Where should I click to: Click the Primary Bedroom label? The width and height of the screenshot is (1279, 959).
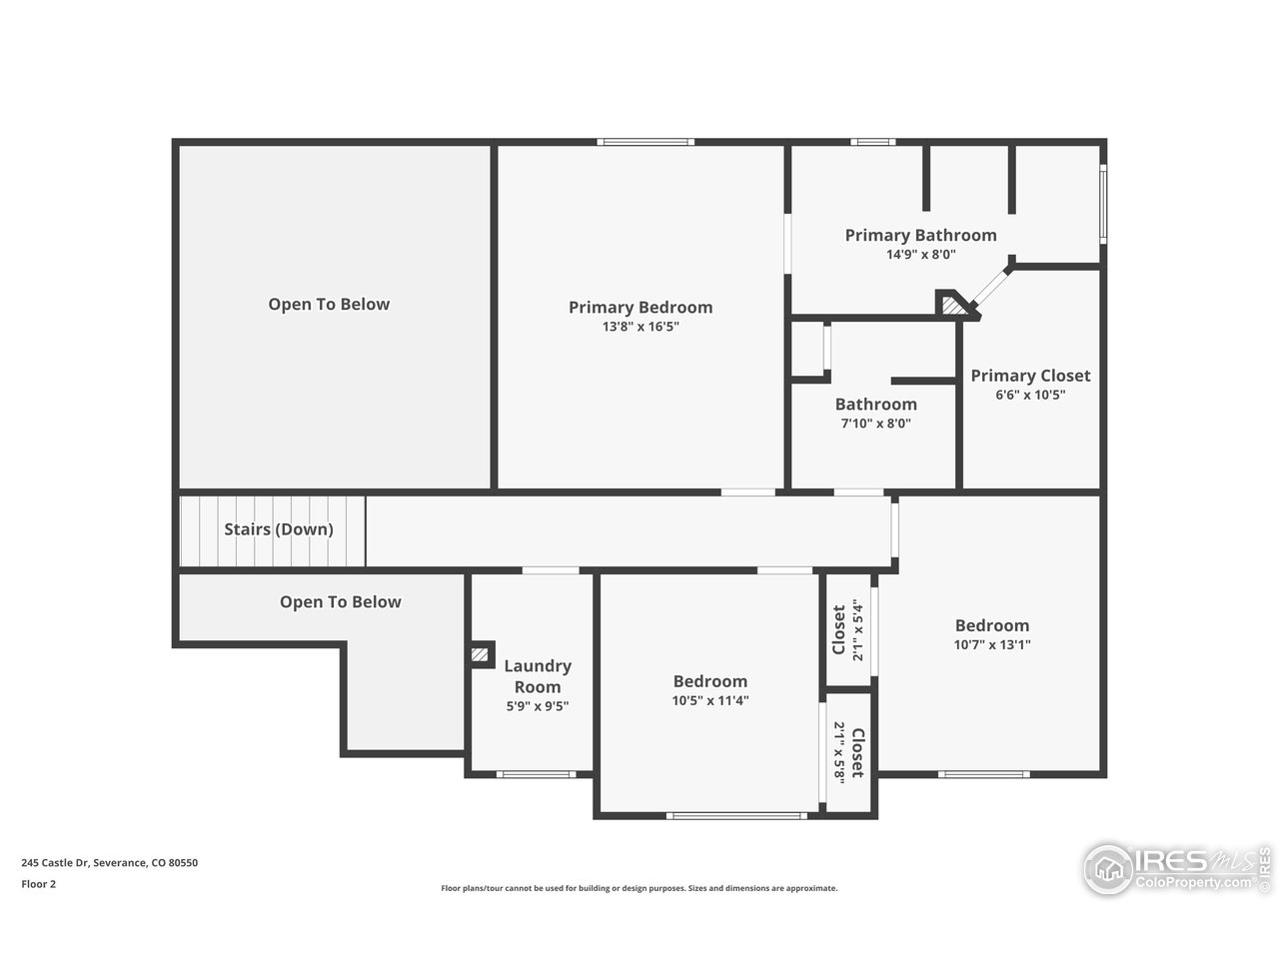pyautogui.click(x=640, y=308)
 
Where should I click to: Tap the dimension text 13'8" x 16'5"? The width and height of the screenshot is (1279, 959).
pyautogui.click(x=640, y=327)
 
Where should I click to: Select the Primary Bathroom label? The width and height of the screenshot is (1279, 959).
pyautogui.click(x=920, y=236)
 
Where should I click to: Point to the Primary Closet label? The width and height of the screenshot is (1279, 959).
pyautogui.click(x=1030, y=376)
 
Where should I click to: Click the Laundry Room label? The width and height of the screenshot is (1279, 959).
pyautogui.click(x=538, y=676)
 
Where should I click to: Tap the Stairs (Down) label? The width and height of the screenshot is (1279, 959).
pyautogui.click(x=279, y=529)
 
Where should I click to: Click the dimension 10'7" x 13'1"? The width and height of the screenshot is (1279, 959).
pyautogui.click(x=991, y=645)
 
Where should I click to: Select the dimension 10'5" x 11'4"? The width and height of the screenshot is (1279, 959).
pyautogui.click(x=709, y=701)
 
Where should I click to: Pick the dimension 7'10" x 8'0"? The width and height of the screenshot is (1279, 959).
pyautogui.click(x=875, y=424)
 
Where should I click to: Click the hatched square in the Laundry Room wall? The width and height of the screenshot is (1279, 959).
pyautogui.click(x=481, y=654)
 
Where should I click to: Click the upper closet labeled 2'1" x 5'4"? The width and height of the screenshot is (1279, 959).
pyautogui.click(x=847, y=630)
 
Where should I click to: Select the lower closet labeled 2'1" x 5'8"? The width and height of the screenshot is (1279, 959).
pyautogui.click(x=848, y=751)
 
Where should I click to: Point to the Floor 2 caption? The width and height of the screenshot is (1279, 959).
pyautogui.click(x=39, y=884)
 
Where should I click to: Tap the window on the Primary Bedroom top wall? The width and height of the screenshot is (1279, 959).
pyautogui.click(x=645, y=142)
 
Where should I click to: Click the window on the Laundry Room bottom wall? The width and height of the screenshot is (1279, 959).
pyautogui.click(x=536, y=774)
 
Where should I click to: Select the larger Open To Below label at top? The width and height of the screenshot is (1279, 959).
pyautogui.click(x=329, y=305)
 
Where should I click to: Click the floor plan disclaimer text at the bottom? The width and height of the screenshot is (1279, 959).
pyautogui.click(x=639, y=888)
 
